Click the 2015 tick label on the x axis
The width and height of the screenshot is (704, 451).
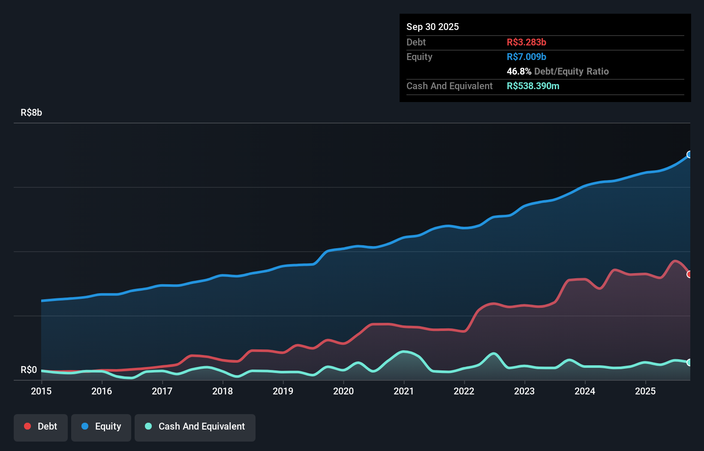click(x=41, y=391)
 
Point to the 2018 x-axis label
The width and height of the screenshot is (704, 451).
click(x=223, y=391)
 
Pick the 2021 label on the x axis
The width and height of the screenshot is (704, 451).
click(x=404, y=391)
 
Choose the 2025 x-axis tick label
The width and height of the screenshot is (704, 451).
click(x=645, y=391)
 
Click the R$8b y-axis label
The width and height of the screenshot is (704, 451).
click(x=31, y=112)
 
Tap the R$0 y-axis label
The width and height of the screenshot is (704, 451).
click(x=29, y=370)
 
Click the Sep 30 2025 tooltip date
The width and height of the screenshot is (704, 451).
click(x=433, y=27)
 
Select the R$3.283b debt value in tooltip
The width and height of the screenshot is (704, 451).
click(x=526, y=42)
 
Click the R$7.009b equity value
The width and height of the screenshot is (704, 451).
click(x=526, y=57)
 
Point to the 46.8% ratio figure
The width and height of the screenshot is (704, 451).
click(x=519, y=71)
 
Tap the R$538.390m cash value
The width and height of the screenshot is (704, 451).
click(x=533, y=86)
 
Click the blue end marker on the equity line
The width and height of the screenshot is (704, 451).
click(x=689, y=154)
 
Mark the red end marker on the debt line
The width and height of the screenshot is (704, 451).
click(x=689, y=274)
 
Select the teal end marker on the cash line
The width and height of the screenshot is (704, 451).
click(x=689, y=362)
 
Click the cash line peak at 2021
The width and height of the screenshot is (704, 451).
click(x=404, y=352)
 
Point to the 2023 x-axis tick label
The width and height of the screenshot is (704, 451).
click(x=524, y=391)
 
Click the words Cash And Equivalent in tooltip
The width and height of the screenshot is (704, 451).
click(x=449, y=86)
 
